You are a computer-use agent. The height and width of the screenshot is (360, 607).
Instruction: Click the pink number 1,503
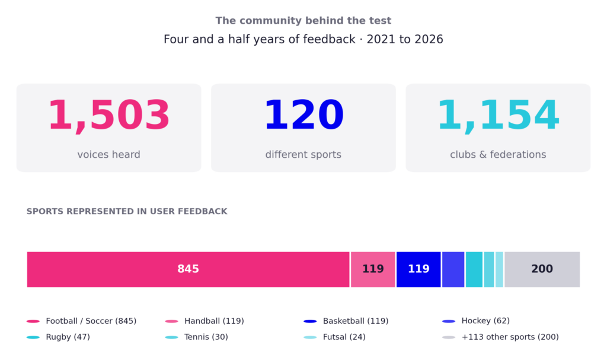click(x=109, y=116)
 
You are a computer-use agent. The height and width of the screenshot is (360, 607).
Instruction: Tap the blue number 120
click(x=303, y=115)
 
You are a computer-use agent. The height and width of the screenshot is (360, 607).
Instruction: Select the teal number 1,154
click(x=498, y=116)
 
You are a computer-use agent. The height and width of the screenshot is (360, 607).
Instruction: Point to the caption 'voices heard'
click(x=109, y=155)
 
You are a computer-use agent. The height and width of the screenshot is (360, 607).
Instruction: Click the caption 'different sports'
click(x=303, y=155)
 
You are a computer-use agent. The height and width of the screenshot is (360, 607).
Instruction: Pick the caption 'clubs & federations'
click(x=498, y=155)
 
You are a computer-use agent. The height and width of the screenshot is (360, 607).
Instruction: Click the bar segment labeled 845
click(x=188, y=269)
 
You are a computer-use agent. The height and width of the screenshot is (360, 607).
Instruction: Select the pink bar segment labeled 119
click(x=373, y=269)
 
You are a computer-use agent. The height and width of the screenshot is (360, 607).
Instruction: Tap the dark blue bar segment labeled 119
click(x=418, y=269)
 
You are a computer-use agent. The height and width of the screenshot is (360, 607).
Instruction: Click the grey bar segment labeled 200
click(x=542, y=269)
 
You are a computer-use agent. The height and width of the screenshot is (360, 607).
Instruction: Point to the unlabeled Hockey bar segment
click(x=453, y=269)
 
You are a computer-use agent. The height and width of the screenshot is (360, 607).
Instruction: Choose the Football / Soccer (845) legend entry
click(x=81, y=321)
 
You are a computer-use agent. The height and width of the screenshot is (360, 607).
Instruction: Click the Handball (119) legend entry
click(x=205, y=321)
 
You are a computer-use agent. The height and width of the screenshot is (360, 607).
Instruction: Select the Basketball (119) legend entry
click(x=346, y=321)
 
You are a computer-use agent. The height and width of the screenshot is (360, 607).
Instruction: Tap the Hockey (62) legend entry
click(x=476, y=321)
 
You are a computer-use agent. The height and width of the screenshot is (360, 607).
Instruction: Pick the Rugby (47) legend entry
click(x=58, y=337)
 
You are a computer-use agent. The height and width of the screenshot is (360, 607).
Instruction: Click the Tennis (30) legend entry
click(x=196, y=337)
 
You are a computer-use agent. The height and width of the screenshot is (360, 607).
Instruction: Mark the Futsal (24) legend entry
click(x=334, y=337)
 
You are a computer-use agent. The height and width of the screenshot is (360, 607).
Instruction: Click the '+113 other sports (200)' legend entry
click(x=500, y=337)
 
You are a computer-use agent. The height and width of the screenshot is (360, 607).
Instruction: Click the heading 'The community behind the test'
click(x=303, y=21)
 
